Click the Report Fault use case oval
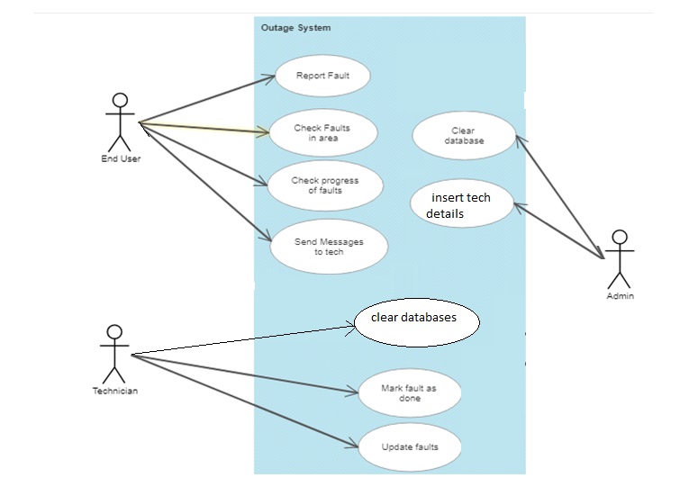(322, 77)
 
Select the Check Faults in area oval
(322, 133)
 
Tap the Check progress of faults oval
(324, 185)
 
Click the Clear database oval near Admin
(463, 136)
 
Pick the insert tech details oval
(462, 204)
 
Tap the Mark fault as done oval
(409, 393)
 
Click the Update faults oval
(410, 446)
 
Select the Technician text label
(114, 392)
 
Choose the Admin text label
(620, 296)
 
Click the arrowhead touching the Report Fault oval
(268, 78)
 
